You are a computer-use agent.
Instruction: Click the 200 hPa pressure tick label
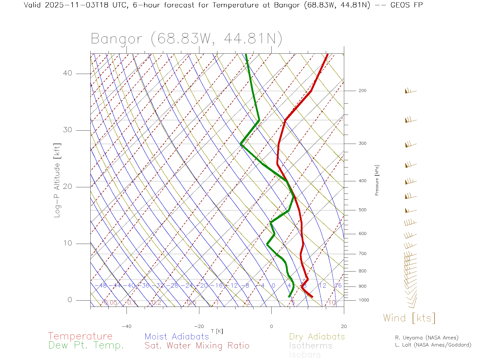coord(362,91)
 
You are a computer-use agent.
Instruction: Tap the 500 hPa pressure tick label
coord(362,210)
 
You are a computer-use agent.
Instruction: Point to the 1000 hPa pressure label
coord(364,300)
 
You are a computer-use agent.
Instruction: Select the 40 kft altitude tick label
coord(67,73)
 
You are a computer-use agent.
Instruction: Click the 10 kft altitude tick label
coord(67,243)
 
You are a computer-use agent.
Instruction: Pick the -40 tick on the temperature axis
coord(127,326)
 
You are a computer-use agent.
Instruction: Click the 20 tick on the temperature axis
coord(344,326)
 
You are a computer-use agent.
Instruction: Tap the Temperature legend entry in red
coord(80,336)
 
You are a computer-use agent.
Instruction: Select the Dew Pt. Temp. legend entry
coord(86,345)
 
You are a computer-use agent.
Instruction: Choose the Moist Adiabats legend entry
coord(177,336)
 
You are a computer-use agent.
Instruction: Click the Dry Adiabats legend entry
coord(317,336)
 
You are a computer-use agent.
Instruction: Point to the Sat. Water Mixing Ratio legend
coord(197,346)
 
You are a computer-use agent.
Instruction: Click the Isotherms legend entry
coord(311,346)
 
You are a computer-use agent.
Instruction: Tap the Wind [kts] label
coord(409,318)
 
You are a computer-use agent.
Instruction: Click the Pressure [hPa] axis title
coord(377,180)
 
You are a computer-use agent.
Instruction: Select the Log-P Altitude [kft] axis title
coord(57,180)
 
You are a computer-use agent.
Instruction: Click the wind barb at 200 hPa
coord(410,91)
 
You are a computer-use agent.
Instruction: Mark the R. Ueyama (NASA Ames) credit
coord(427,338)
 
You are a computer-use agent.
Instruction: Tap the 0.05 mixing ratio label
coord(111,303)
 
